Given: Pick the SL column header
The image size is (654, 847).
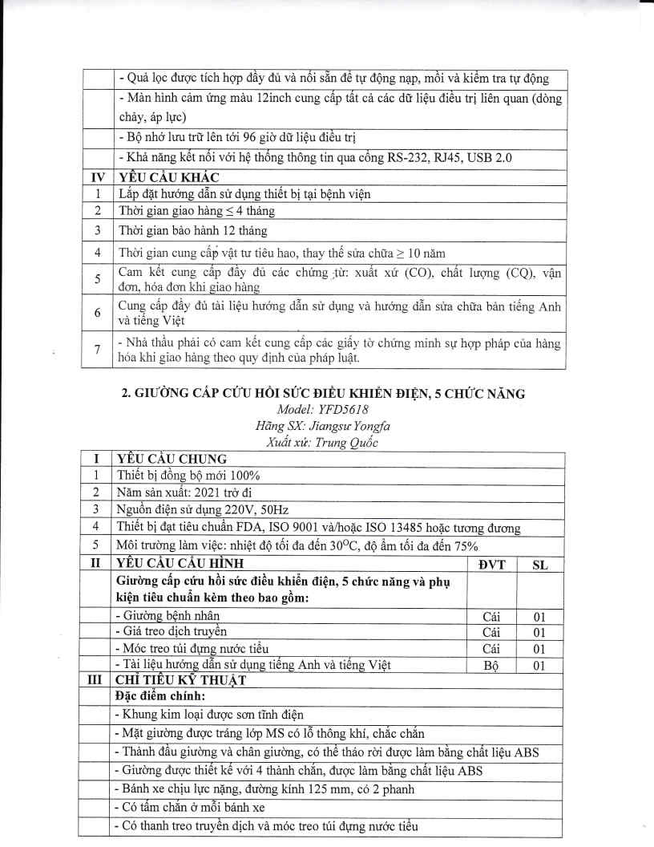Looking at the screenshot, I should point(540,564).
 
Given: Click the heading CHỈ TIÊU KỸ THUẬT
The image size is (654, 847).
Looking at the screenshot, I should point(179,679).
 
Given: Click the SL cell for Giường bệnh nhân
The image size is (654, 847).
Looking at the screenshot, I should point(540,617).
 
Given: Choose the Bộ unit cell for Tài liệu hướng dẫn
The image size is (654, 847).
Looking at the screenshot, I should point(490,664).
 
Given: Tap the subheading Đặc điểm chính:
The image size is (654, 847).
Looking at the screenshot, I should point(158,695).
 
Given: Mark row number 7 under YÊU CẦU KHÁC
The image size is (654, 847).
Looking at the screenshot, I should point(97,350).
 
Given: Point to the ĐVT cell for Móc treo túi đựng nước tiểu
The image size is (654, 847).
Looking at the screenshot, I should point(490,648).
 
